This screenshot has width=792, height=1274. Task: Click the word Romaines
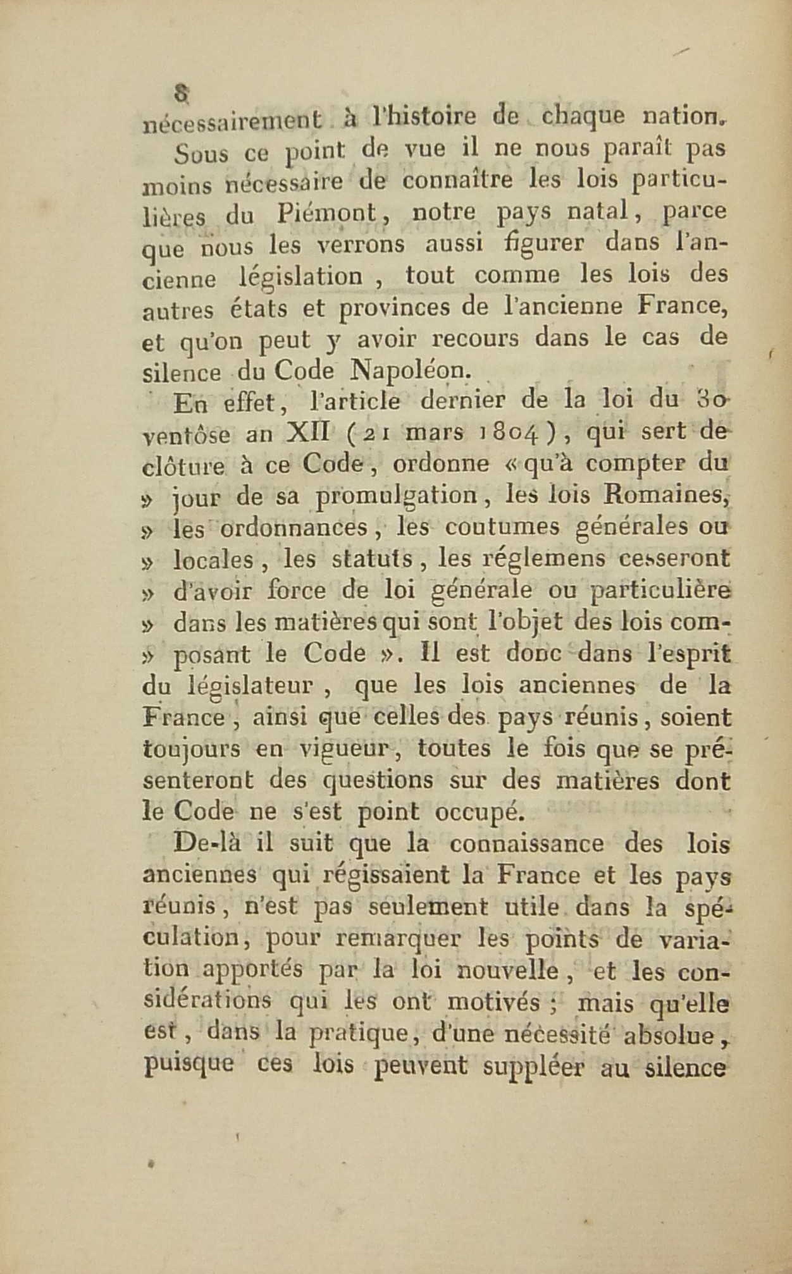click(x=672, y=494)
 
